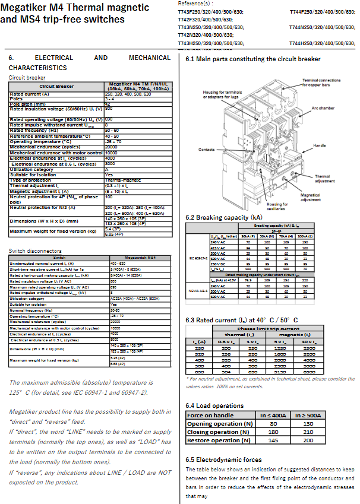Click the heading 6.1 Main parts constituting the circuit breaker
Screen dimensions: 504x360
tap(253, 59)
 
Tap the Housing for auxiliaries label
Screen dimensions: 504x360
tap(277, 207)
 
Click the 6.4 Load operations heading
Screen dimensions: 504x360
tap(214, 405)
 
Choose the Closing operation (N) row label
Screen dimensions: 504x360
tap(215, 432)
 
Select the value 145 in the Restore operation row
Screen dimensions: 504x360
tap(273, 440)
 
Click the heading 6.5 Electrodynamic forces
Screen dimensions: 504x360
tap(223, 459)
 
